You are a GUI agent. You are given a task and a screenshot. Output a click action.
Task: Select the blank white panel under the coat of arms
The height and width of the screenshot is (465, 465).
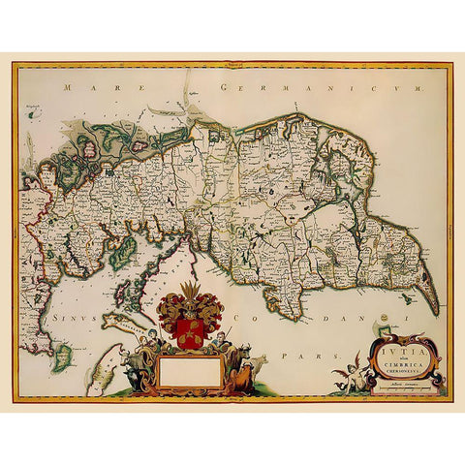(x=190, y=371)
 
